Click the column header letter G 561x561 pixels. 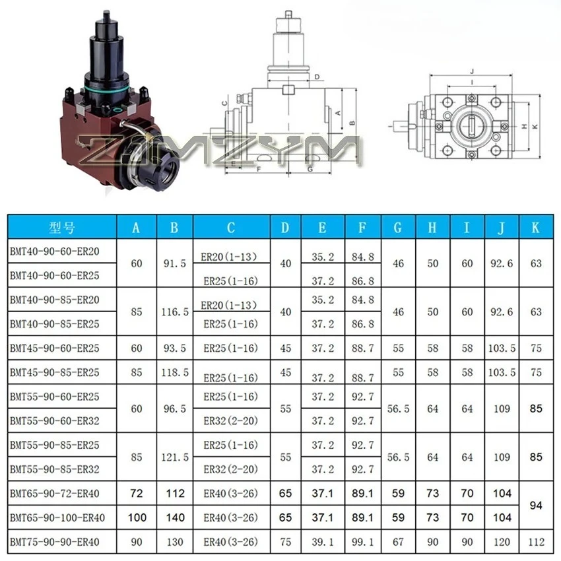[x=397, y=228]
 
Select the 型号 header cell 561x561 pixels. [x=62, y=228]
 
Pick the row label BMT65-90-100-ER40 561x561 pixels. [x=57, y=517]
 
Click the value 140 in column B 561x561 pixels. [x=174, y=518]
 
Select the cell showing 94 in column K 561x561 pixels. [x=535, y=506]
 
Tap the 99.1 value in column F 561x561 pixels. [x=362, y=543]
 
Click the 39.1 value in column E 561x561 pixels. [x=322, y=543]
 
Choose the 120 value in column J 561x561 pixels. [x=502, y=543]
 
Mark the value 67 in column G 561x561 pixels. [x=397, y=543]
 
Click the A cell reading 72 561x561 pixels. [x=137, y=494]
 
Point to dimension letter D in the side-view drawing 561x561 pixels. [x=317, y=77]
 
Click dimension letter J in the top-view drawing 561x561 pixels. [x=473, y=71]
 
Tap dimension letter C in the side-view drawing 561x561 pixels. [x=224, y=103]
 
